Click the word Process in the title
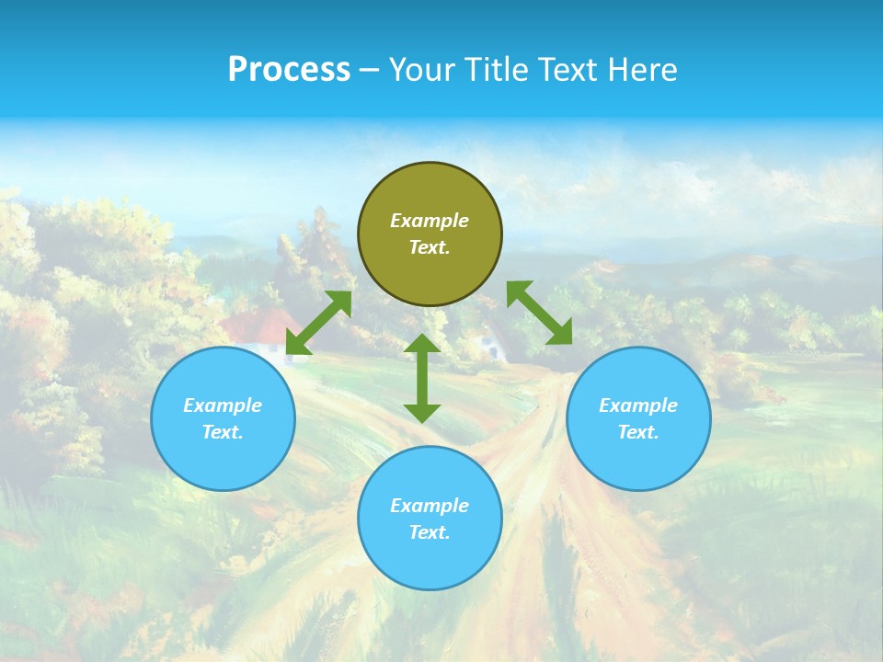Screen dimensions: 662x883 289,70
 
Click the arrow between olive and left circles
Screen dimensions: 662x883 319,323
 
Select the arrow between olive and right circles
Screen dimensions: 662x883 539,313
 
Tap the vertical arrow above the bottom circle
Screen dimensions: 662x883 422,378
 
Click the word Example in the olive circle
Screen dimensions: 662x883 430,221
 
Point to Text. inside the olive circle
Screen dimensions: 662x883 430,247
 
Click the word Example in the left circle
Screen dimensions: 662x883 223,405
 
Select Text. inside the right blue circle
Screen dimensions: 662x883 638,432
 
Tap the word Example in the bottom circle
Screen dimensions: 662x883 430,506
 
